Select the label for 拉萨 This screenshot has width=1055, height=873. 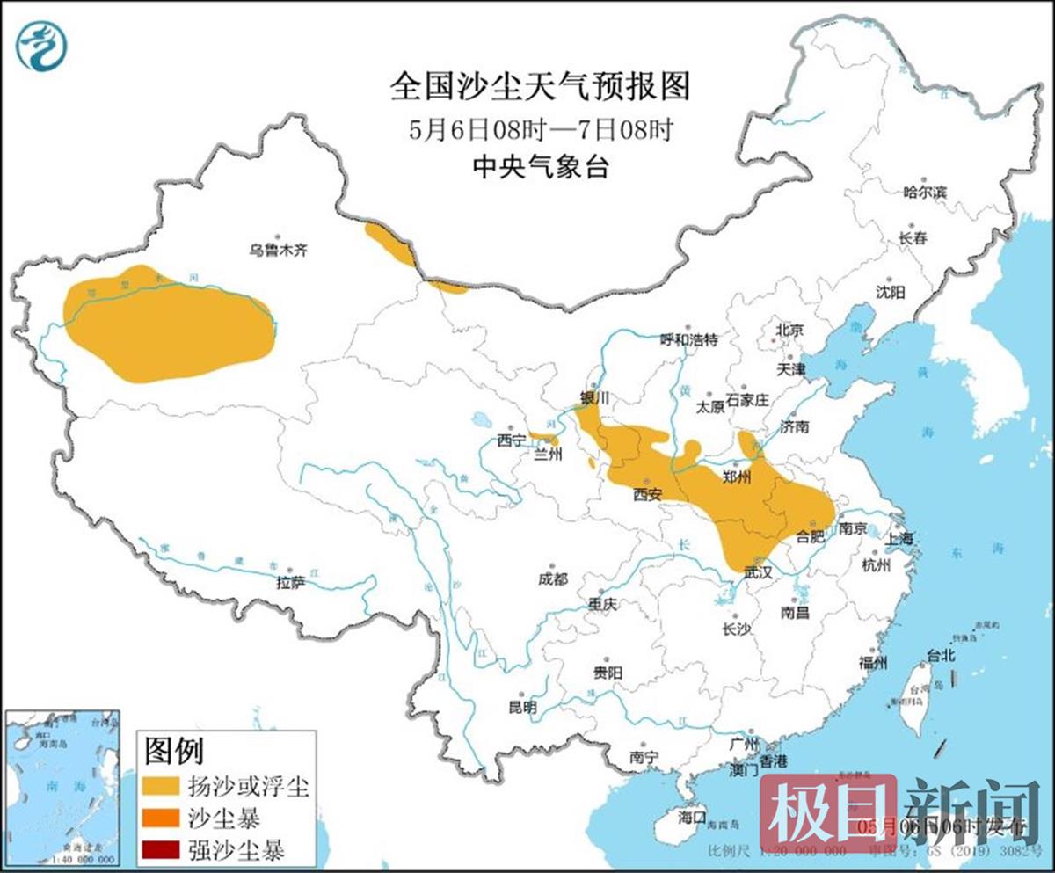pyautogui.click(x=291, y=582)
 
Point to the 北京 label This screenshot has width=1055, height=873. pyautogui.click(x=789, y=331)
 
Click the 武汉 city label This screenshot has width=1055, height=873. pyautogui.click(x=757, y=571)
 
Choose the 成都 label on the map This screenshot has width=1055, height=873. pyautogui.click(x=553, y=578)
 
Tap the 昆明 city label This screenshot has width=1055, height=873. pyautogui.click(x=522, y=706)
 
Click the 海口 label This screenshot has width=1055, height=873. pyautogui.click(x=692, y=818)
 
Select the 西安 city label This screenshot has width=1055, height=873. pyautogui.click(x=647, y=495)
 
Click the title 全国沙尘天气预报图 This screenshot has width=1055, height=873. pyautogui.click(x=540, y=87)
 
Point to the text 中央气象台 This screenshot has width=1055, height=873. pyautogui.click(x=540, y=167)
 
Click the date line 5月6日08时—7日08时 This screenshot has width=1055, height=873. pyautogui.click(x=540, y=130)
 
